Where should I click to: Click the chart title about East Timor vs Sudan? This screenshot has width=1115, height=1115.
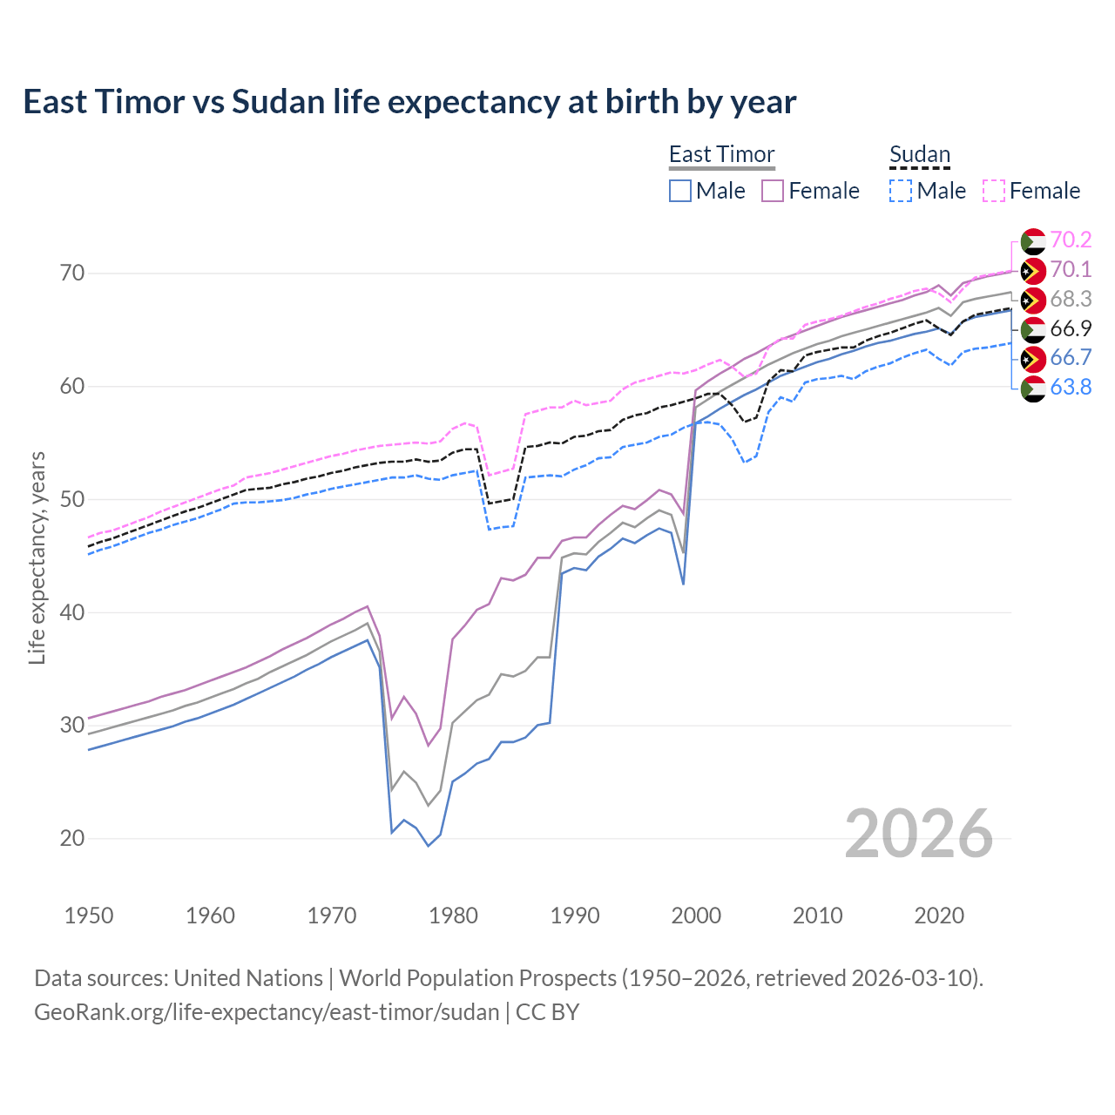click(x=409, y=102)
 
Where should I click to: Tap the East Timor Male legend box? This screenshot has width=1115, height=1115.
click(x=680, y=191)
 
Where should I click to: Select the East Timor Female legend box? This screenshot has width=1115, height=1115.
click(x=773, y=191)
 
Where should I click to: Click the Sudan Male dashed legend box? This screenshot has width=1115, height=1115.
click(x=901, y=191)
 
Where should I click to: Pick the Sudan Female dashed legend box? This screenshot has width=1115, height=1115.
click(x=994, y=191)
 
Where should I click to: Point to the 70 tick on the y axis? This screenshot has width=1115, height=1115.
click(x=72, y=274)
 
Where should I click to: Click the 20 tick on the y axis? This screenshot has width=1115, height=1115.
click(x=72, y=839)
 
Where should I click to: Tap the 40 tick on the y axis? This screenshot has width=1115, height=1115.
click(x=72, y=613)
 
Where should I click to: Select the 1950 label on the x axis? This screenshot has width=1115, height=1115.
click(x=89, y=916)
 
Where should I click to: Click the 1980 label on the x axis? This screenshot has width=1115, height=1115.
click(x=453, y=916)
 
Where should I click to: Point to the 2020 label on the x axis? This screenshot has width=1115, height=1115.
click(x=939, y=916)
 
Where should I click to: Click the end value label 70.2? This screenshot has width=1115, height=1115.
click(x=1071, y=240)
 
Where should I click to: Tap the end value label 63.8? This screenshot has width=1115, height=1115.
click(x=1071, y=388)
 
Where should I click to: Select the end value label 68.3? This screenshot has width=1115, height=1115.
click(x=1071, y=300)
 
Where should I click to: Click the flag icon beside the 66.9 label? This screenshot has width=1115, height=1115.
click(x=1033, y=329)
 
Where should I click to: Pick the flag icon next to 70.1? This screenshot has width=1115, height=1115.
click(x=1033, y=270)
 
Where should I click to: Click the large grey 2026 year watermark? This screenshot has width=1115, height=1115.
click(x=918, y=834)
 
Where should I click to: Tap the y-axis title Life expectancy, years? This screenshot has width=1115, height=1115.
click(x=37, y=557)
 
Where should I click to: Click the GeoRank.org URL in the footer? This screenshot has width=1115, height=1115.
click(x=267, y=1012)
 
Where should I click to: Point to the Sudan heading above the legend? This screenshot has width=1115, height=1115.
click(x=919, y=154)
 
